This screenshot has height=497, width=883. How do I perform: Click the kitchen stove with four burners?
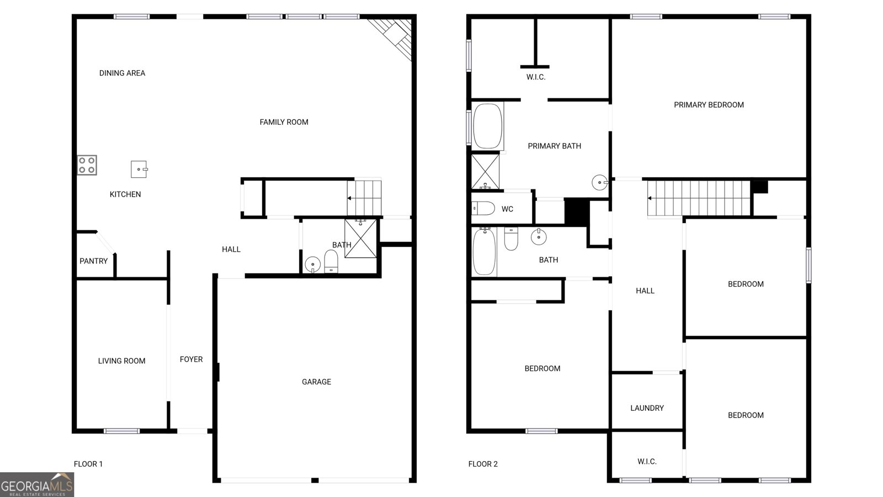(x=87, y=165)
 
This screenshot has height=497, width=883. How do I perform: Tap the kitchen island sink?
(x=139, y=169)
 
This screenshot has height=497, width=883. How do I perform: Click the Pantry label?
(x=93, y=261)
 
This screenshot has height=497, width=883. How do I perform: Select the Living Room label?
(x=121, y=361)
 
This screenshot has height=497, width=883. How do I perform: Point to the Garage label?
(x=316, y=382)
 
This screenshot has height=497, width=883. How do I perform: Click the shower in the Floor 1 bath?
(x=361, y=238)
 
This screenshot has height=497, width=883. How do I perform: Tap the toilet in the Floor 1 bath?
(x=331, y=261)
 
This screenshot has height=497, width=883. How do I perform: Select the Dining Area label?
(x=122, y=73)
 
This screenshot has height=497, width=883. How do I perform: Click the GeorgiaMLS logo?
(x=37, y=485)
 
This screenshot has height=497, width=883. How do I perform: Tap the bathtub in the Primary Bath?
(x=487, y=126)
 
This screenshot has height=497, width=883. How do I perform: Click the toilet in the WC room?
(x=483, y=209)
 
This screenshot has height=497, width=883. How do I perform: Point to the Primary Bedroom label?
(x=709, y=104)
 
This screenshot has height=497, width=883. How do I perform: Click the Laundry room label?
(x=647, y=408)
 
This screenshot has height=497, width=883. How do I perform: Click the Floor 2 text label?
(x=483, y=464)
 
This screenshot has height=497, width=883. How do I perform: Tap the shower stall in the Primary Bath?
(x=485, y=171)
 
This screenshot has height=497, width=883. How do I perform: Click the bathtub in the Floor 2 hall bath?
(x=485, y=252)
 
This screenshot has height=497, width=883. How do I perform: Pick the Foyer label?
(x=191, y=359)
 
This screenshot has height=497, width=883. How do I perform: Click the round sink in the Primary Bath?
(x=599, y=182)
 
